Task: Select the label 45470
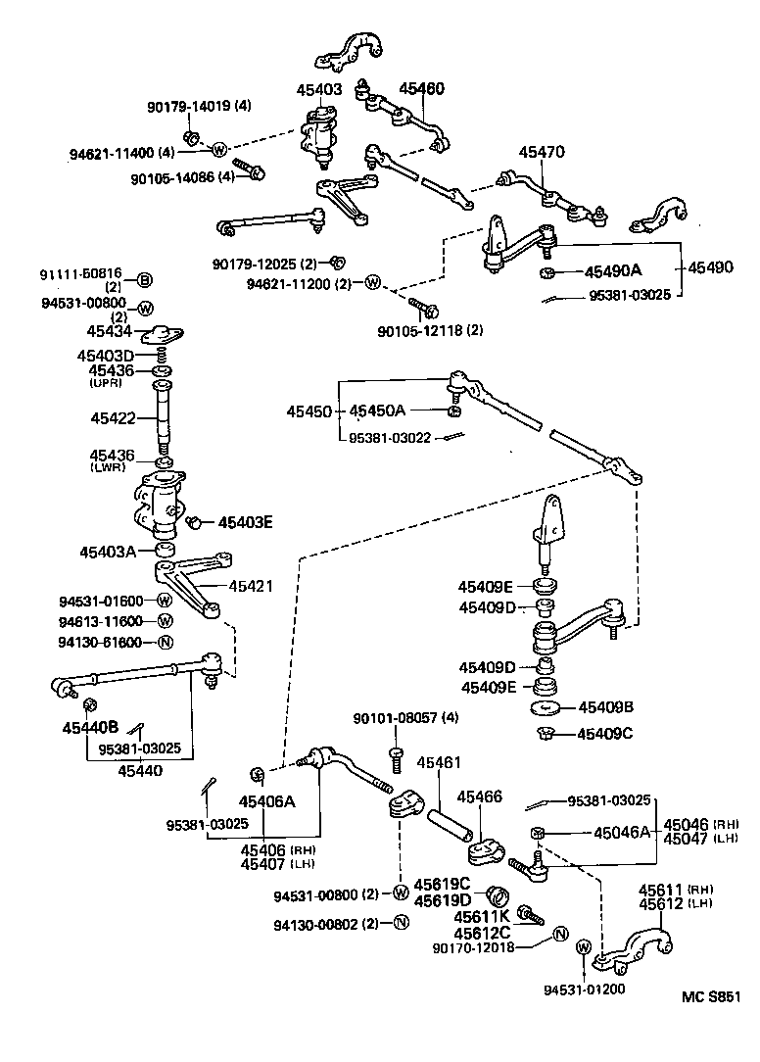(x=542, y=152)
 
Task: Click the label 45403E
(x=245, y=522)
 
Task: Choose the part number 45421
(x=251, y=586)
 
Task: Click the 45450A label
(x=377, y=410)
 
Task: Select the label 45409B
(x=606, y=706)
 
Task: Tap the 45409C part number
(x=606, y=733)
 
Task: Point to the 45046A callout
(x=622, y=832)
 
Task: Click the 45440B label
(x=90, y=726)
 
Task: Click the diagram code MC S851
(x=711, y=997)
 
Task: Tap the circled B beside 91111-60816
(x=144, y=281)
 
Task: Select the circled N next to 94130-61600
(x=165, y=643)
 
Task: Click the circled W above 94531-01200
(x=584, y=947)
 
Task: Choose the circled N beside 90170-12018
(x=560, y=933)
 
